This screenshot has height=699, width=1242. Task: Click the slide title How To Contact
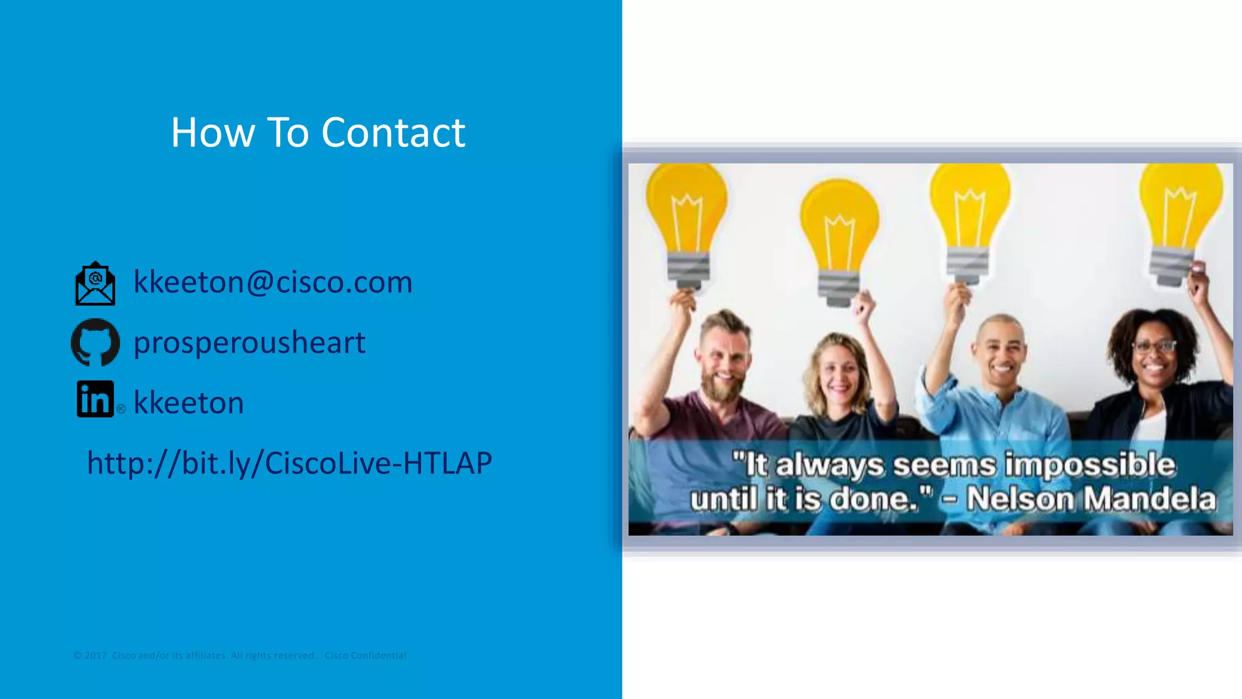(318, 132)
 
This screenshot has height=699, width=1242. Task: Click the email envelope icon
(95, 283)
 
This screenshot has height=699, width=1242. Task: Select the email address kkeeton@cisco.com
(273, 282)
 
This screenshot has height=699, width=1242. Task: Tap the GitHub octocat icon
(95, 342)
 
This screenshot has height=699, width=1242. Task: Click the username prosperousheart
(249, 342)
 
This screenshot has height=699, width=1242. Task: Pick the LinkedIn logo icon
(95, 399)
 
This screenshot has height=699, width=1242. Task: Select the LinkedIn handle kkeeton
(189, 403)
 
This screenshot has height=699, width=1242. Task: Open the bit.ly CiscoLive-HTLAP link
(289, 464)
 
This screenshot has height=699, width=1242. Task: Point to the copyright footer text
(240, 655)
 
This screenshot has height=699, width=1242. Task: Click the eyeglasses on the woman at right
(1155, 346)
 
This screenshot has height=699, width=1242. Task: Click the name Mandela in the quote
(1150, 499)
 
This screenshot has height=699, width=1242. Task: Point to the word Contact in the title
(393, 132)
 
